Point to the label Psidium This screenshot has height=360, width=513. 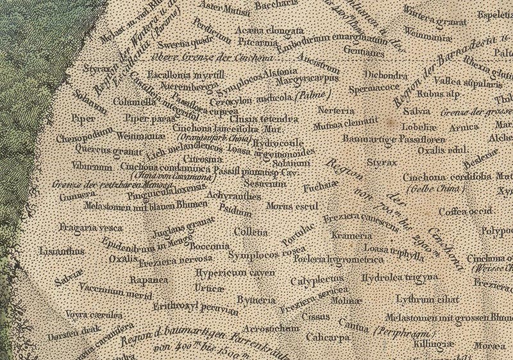235,208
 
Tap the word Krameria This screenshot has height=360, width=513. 347,236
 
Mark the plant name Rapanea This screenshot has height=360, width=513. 148,280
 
